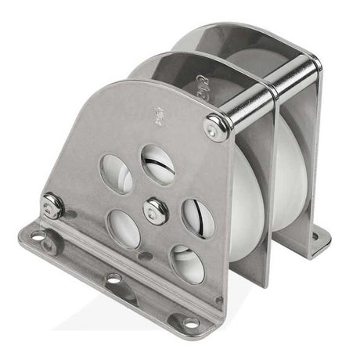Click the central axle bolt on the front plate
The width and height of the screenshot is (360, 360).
coord(156,210)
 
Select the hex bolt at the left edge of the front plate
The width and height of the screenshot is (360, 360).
coord(53,206)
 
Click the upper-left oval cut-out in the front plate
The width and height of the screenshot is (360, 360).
coord(117,174)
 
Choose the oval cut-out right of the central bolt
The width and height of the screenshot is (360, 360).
coord(197,218)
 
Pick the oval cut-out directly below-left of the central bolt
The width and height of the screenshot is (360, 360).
coord(124,228)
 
